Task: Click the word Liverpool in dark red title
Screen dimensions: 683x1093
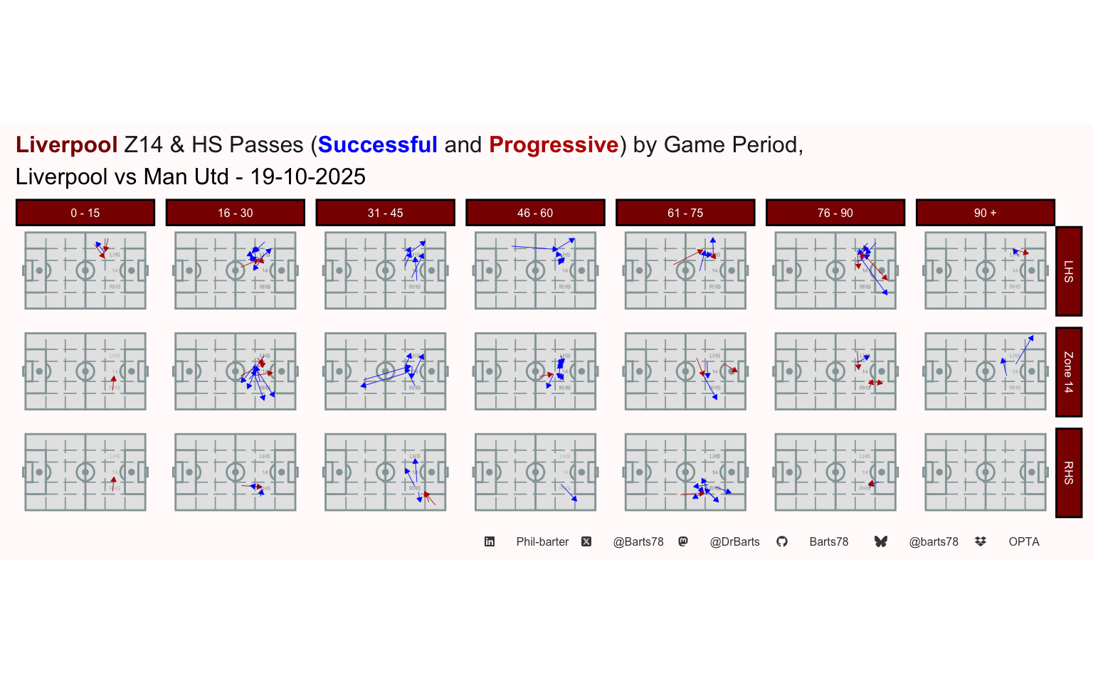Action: point(66,145)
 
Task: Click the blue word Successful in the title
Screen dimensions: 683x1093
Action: point(377,145)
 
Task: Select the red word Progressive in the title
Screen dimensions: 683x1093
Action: point(554,145)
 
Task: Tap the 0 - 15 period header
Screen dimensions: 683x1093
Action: point(85,213)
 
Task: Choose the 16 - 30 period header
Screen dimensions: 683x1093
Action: point(236,213)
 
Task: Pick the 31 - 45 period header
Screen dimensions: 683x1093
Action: point(386,213)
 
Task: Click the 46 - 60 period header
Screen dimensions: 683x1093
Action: point(535,213)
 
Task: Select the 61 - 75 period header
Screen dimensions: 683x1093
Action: point(685,213)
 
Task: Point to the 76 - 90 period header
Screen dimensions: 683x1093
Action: point(835,213)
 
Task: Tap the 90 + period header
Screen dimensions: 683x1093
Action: point(985,213)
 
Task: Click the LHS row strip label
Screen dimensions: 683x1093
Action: point(1069,271)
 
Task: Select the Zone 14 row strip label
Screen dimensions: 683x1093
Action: point(1069,372)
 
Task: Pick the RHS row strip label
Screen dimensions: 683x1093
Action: point(1069,473)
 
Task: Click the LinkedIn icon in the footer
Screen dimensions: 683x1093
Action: point(490,542)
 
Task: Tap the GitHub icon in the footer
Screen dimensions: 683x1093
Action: point(782,542)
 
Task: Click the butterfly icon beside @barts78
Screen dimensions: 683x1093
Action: point(881,542)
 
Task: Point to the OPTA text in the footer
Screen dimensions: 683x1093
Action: point(1024,542)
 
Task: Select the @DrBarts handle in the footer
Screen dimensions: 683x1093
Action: point(734,542)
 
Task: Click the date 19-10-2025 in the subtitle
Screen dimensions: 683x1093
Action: point(307,177)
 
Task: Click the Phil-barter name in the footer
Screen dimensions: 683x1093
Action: point(542,542)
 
